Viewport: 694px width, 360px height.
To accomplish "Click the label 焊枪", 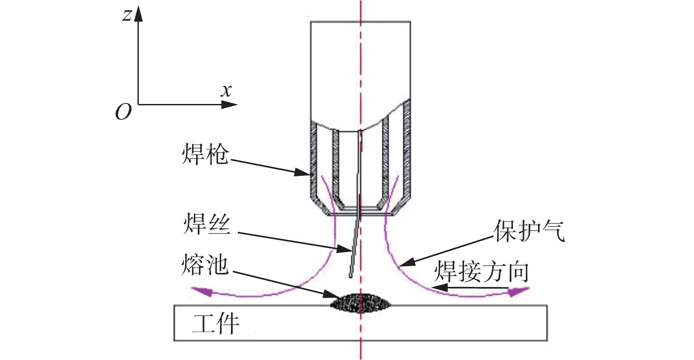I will tap(205, 154).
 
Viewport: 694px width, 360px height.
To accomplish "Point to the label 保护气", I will tap(529, 230).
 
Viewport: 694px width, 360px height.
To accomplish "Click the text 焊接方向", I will tap(482, 271).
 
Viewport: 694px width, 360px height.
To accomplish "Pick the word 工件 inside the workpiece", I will tap(216, 324).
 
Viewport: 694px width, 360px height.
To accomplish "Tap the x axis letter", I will tap(226, 91).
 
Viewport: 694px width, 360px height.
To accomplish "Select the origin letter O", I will tap(123, 112).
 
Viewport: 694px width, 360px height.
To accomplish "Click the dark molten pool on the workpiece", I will tap(360, 303).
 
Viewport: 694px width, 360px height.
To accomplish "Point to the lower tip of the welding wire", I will tap(351, 276).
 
